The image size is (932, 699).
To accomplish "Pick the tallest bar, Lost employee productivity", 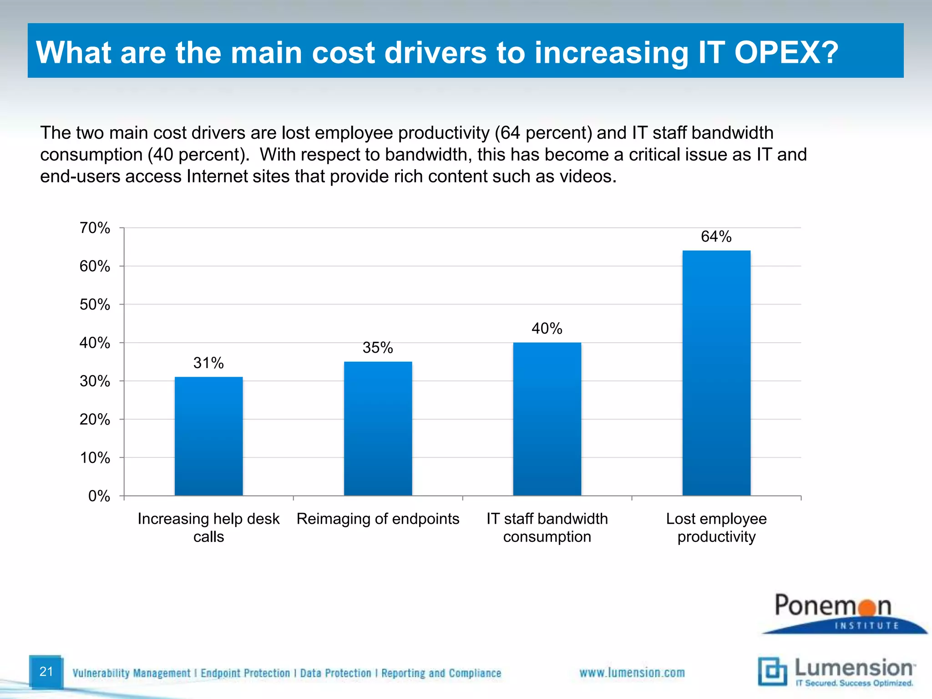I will coord(716,373).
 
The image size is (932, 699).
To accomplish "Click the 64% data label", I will coord(716,237).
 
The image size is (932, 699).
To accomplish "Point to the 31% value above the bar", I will coord(208,363).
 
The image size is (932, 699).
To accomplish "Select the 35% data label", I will coord(378,348).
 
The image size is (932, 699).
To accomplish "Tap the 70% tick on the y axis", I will coord(95,228).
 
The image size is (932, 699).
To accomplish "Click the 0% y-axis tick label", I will coord(99,496).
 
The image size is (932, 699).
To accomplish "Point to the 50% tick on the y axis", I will coord(95,304).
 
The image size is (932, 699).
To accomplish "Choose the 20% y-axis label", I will coord(95,420).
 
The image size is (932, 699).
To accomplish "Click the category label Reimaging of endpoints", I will coord(378,519).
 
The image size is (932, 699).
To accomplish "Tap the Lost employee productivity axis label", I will coord(716,527).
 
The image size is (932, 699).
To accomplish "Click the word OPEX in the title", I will coord(786,52).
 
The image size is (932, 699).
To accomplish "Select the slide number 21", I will coord(46,671).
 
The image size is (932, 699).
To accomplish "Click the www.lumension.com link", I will coord(632,673).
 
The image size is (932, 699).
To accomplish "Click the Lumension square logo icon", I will coord(772,671).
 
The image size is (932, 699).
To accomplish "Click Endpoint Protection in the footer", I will coord(245,673).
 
